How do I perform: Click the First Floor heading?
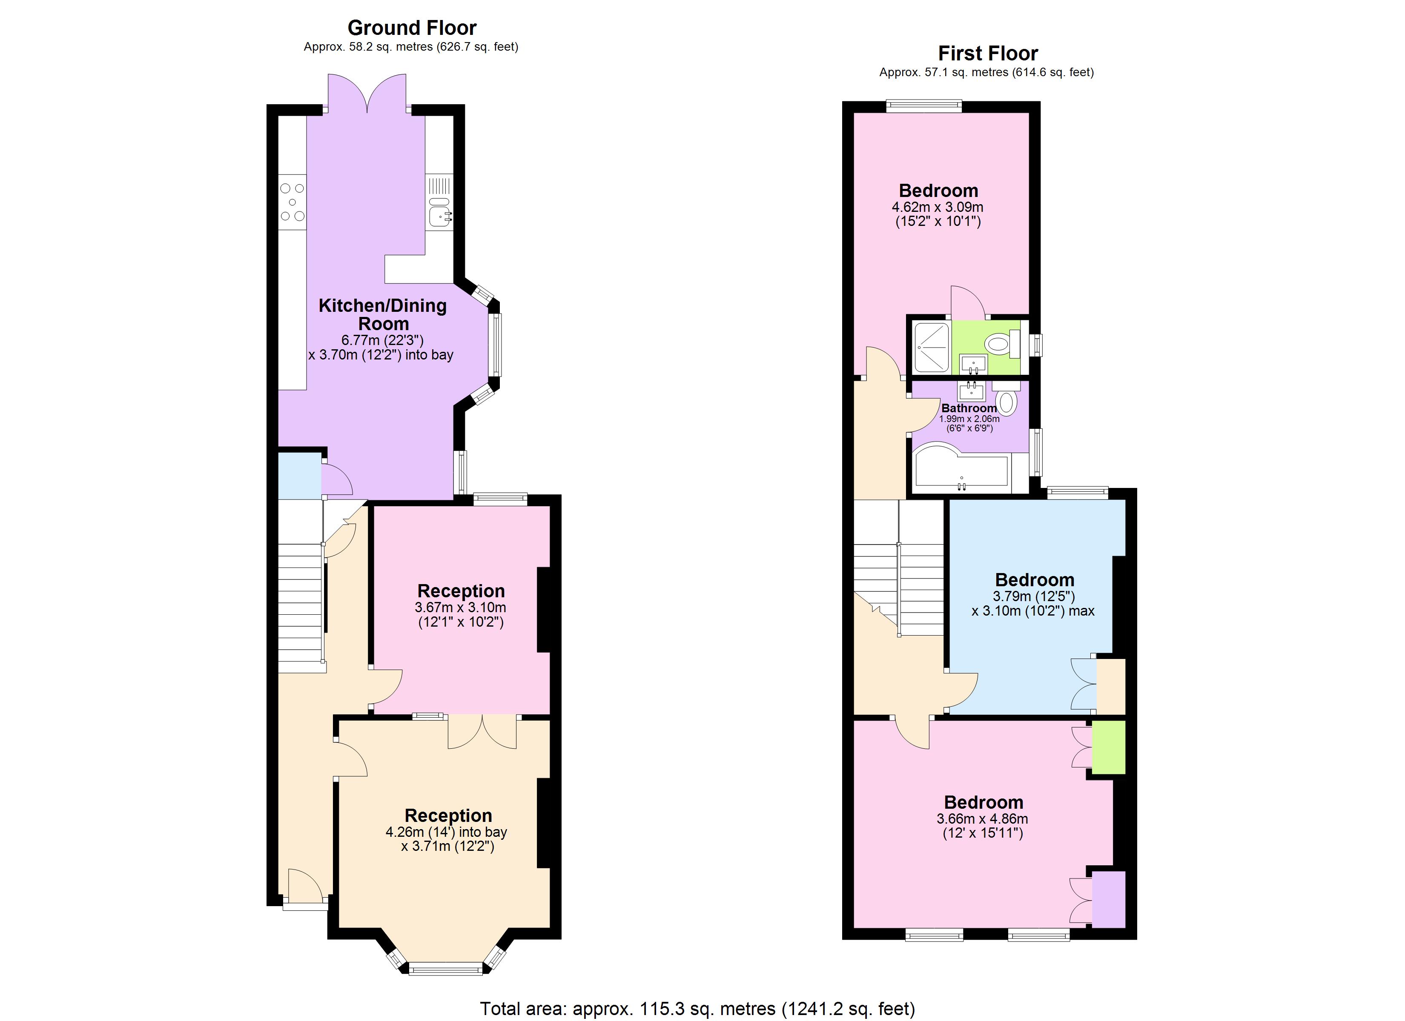[x=987, y=54]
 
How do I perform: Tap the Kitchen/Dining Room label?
[x=382, y=314]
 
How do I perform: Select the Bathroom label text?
[x=969, y=408]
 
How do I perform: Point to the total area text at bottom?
[x=697, y=1009]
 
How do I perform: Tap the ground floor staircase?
[x=301, y=607]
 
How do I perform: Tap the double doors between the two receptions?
[x=482, y=733]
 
